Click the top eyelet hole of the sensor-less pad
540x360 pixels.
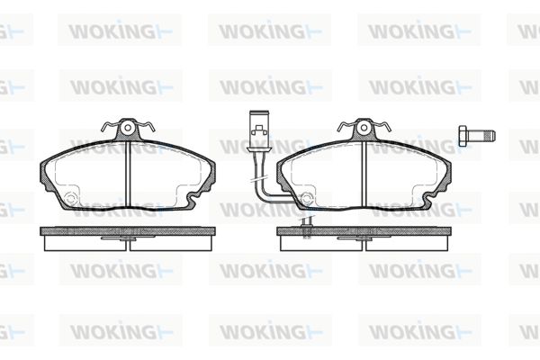[128, 128]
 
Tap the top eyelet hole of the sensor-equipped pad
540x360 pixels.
[364, 128]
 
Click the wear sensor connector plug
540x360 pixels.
[258, 130]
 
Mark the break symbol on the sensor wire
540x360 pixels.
[259, 180]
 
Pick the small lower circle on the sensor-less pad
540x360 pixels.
[70, 199]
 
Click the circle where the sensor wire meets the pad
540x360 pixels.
[307, 198]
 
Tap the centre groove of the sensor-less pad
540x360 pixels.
[128, 175]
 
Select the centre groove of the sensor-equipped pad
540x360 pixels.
[364, 175]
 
